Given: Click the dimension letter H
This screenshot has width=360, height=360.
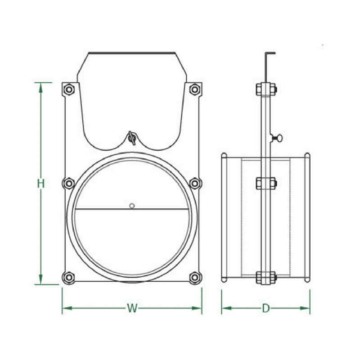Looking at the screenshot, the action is point(41,184).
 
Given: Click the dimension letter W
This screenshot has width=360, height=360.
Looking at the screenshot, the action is point(132,308).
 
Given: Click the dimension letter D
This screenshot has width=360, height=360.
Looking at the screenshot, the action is point(265,308).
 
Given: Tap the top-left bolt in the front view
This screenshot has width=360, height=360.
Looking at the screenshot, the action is point(69,89).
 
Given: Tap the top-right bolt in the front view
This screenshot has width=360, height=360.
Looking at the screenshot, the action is point(195,89).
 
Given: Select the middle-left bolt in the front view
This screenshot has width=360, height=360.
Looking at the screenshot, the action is point(69,184).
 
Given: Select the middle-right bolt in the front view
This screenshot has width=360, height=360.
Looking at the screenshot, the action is point(195,184).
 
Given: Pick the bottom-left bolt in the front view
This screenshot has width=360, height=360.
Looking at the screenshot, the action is point(69,277).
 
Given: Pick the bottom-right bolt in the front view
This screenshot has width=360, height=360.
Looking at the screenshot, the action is point(195,277).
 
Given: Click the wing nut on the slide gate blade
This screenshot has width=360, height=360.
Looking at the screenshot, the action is point(132,138).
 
